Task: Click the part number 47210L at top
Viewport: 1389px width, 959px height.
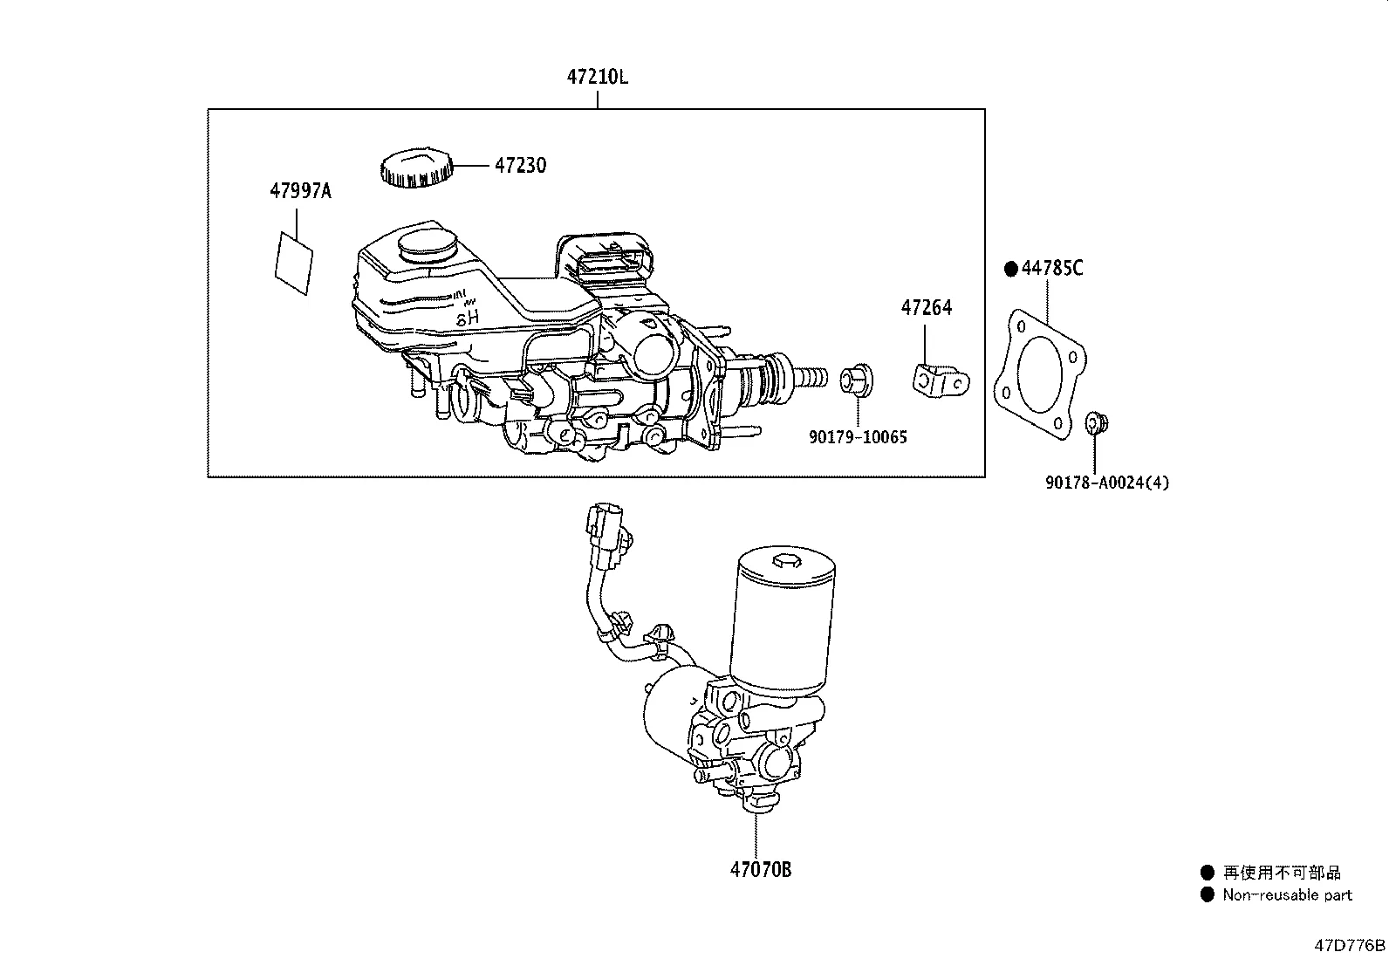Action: pos(597,77)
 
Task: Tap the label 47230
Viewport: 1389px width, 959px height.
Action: pos(520,165)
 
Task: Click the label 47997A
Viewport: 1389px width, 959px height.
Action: pos(300,190)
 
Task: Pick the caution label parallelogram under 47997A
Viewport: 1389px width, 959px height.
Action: pos(294,261)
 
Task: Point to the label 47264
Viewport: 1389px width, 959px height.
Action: pos(927,307)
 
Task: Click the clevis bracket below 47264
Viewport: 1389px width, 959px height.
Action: pos(940,382)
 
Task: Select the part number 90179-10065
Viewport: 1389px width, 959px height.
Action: pos(857,436)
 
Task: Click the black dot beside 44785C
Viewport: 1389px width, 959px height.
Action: pos(1010,270)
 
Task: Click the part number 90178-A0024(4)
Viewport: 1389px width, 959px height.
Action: pos(1106,482)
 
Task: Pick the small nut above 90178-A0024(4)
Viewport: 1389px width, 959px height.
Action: pos(1096,424)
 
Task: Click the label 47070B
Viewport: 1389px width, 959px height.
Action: pos(761,869)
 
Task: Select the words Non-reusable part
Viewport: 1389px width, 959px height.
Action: pos(1286,894)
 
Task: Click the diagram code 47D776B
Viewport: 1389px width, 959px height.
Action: pos(1350,945)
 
